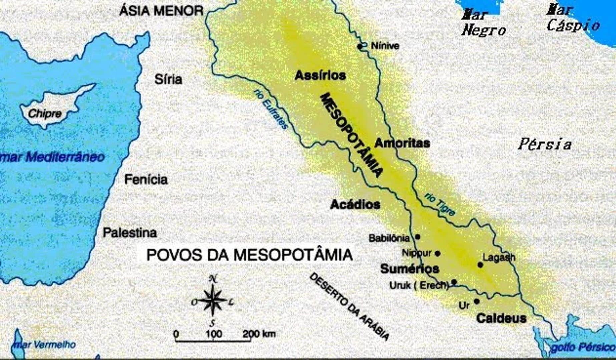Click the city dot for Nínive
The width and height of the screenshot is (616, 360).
pos(360,47)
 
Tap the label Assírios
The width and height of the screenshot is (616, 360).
pos(320,76)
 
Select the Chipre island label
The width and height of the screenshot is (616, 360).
pos(45,114)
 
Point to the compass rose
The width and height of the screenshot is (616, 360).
pos(212,300)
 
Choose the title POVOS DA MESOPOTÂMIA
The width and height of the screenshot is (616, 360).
pos(249,255)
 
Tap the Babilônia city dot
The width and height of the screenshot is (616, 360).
pos(417,237)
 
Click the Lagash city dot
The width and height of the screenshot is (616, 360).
pos(480,265)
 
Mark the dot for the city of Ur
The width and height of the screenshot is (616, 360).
pos(477,301)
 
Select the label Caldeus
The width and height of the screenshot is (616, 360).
pos(501,318)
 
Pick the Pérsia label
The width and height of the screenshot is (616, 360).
pos(545,144)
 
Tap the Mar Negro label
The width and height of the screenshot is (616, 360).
pos(483,23)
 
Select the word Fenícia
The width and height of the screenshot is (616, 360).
pos(146,180)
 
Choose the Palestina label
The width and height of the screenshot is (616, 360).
pos(130,232)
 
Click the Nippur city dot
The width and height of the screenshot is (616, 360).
pos(438,254)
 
